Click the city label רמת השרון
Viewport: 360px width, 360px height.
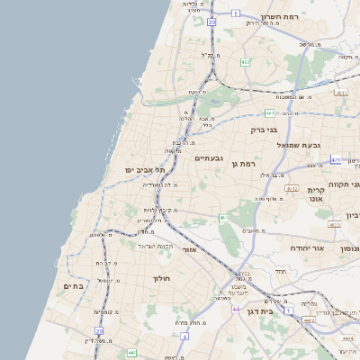pyautogui.click(x=279, y=17)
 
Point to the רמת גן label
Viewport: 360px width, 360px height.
pyautogui.click(x=243, y=163)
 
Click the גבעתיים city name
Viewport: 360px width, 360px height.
pyautogui.click(x=209, y=157)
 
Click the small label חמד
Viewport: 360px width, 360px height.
pyautogui.click(x=280, y=271)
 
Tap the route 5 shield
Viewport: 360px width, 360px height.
pyautogui.click(x=236, y=13)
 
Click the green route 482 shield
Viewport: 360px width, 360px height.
pyautogui.click(x=246, y=62)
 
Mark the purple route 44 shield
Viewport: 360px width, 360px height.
pyautogui.click(x=235, y=310)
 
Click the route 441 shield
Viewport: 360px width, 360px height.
pyautogui.click(x=131, y=353)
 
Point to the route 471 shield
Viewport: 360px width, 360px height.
pyautogui.click(x=335, y=160)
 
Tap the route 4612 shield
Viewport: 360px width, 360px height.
pyautogui.click(x=291, y=188)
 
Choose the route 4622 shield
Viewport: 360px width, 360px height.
pyautogui.click(x=334, y=225)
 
